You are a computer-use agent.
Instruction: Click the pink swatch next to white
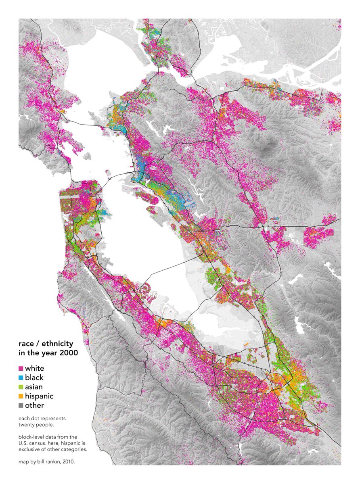[x=21, y=369]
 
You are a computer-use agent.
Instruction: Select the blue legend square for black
[x=21, y=378]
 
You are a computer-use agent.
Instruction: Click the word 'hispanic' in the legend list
[x=39, y=396]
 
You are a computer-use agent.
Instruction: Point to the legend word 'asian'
[x=34, y=387]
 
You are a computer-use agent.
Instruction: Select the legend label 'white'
[x=34, y=368]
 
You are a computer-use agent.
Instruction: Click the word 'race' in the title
[x=26, y=344]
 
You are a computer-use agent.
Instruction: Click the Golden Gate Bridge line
[x=72, y=176]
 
